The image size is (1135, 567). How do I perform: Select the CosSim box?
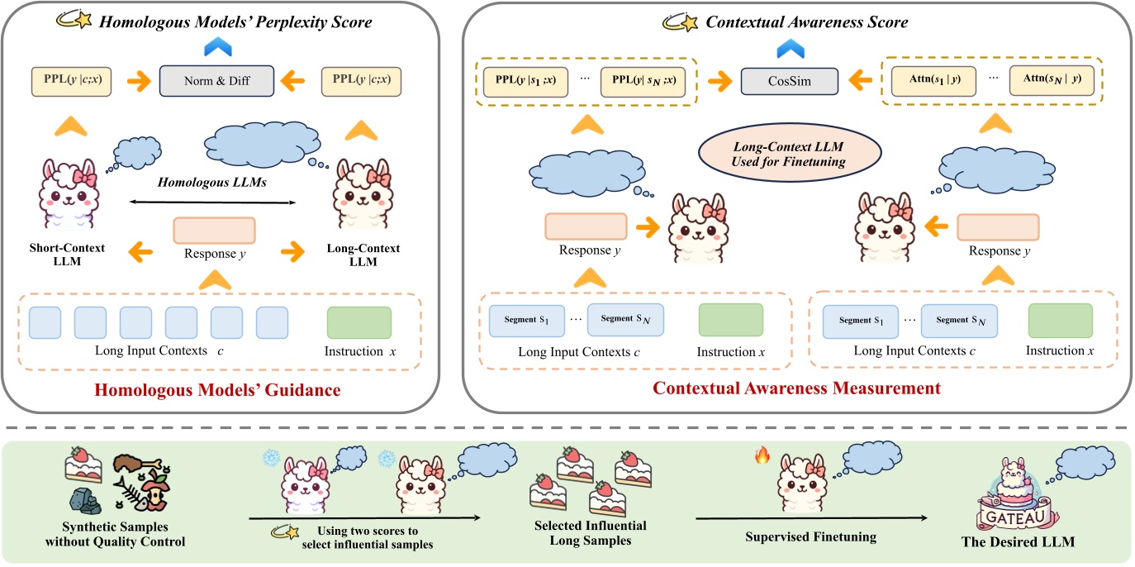789,80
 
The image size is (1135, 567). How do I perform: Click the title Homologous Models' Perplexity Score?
235,21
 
